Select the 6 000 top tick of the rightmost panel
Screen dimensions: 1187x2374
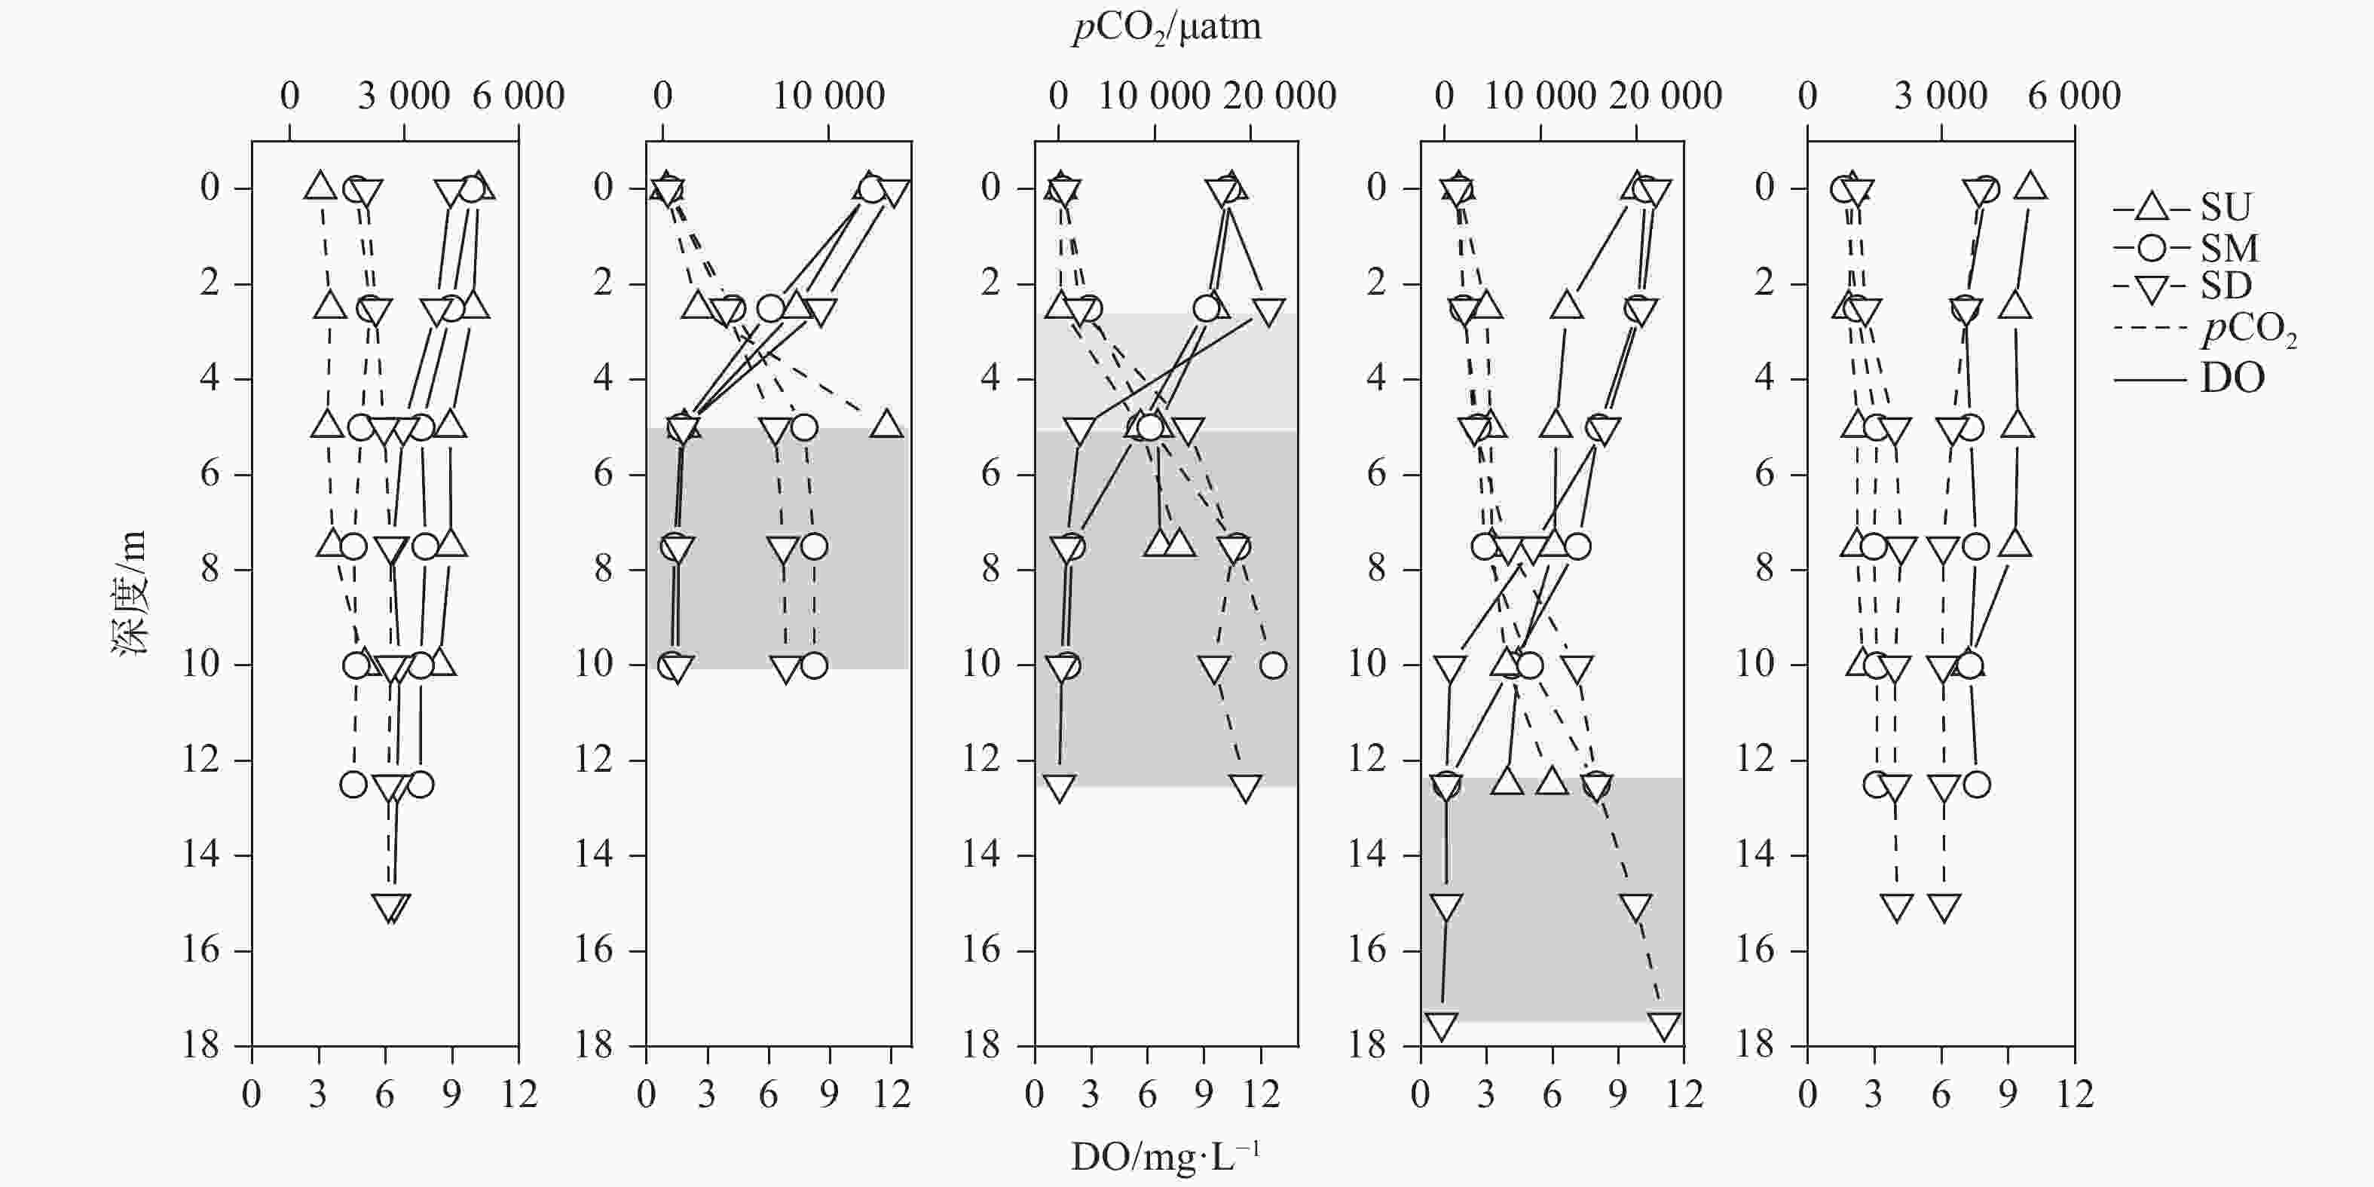tap(2073, 96)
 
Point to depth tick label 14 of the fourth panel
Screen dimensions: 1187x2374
tap(1368, 855)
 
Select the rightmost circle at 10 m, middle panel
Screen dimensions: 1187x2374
tap(1273, 665)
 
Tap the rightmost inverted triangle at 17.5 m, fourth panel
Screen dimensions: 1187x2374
tap(1664, 1026)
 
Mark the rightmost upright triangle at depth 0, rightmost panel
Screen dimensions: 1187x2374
tap(2030, 186)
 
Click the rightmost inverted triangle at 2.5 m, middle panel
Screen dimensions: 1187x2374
tap(1269, 311)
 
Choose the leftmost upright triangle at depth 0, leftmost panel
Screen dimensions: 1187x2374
tap(320, 185)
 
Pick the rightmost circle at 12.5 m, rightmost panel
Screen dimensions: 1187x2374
tap(1976, 785)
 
